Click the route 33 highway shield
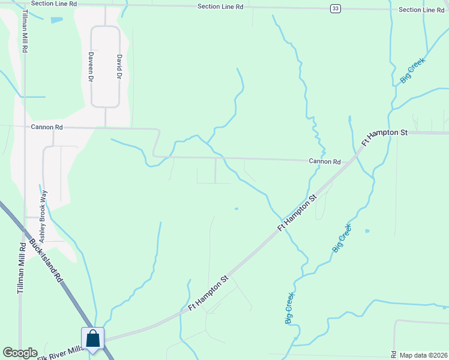[336, 8]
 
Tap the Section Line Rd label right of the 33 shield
[421, 10]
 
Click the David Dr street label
[119, 67]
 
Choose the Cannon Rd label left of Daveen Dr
[47, 127]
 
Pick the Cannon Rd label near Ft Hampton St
[325, 161]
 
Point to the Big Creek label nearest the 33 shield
[412, 70]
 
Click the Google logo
[20, 353]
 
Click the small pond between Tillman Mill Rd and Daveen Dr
[56, 20]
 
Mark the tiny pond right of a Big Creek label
[367, 230]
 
